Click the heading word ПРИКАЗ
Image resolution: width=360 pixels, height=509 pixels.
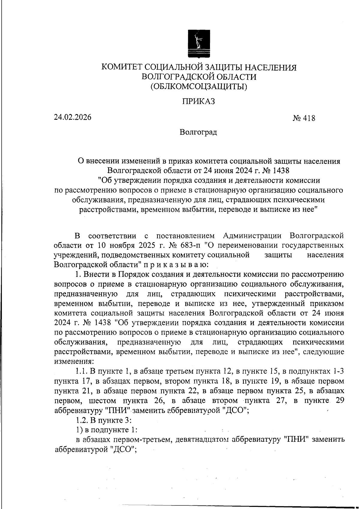click(x=199, y=101)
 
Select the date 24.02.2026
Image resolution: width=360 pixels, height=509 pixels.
click(x=73, y=117)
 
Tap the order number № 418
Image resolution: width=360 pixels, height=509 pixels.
click(x=304, y=119)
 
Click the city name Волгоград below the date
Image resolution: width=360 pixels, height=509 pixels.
click(x=198, y=132)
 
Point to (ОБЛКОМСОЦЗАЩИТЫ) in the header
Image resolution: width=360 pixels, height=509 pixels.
click(x=199, y=87)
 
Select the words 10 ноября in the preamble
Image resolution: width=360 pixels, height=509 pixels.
click(x=116, y=245)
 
